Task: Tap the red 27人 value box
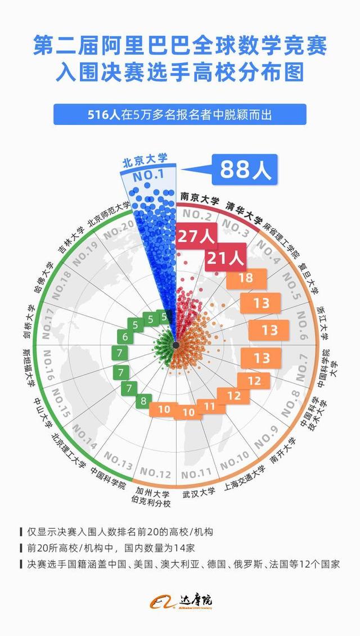[x=196, y=237]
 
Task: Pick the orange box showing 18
[x=245, y=278]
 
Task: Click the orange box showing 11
[x=210, y=405]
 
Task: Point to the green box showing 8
[x=143, y=401]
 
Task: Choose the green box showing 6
[x=125, y=337]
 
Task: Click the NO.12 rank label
[x=155, y=473]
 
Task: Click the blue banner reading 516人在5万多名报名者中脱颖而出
[x=180, y=115]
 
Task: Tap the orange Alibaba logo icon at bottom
[x=162, y=601]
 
